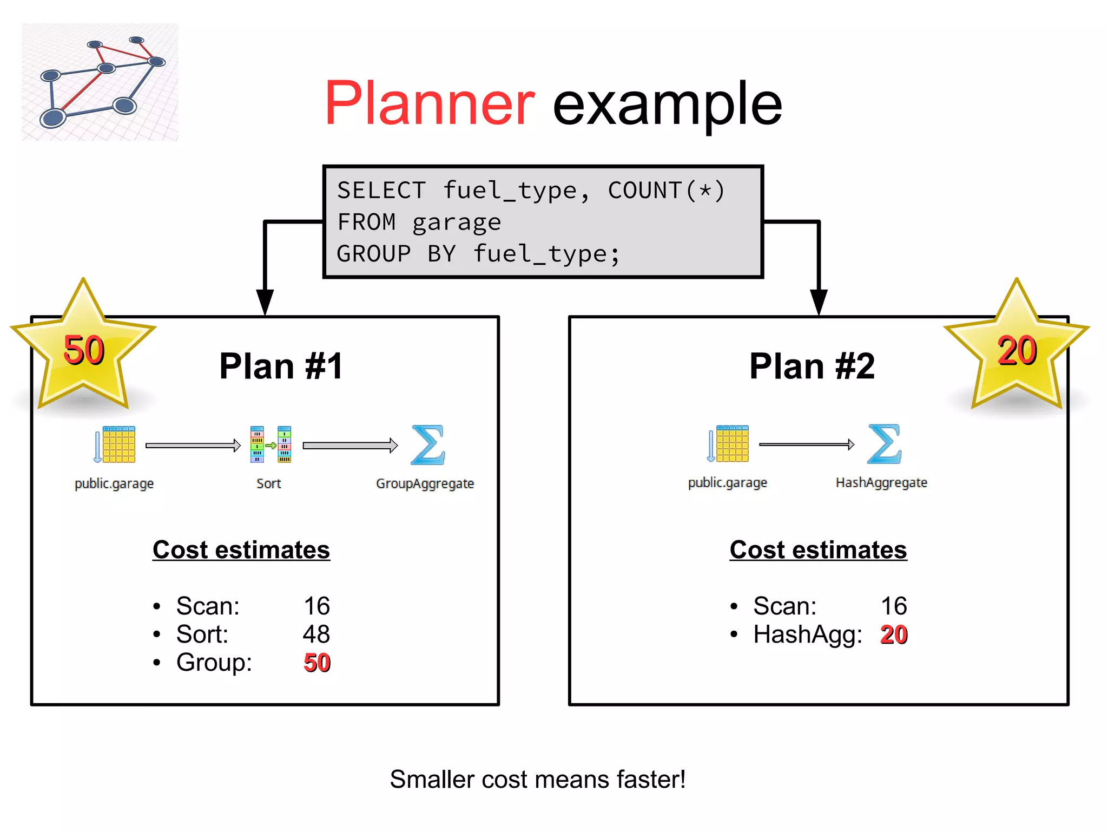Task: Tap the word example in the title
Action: click(x=667, y=104)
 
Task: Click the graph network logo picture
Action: click(x=100, y=82)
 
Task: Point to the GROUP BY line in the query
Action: click(x=478, y=254)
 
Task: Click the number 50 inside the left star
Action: click(x=83, y=350)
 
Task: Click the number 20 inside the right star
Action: click(x=1017, y=351)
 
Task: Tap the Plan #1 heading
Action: click(x=281, y=367)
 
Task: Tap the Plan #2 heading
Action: click(x=812, y=367)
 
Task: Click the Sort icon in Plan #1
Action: click(x=271, y=444)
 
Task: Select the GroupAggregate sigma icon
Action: click(x=427, y=445)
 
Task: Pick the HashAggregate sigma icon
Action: click(x=884, y=444)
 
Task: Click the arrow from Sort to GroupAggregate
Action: click(x=350, y=446)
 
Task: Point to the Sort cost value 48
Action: click(x=316, y=634)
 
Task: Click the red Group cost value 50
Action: click(x=317, y=663)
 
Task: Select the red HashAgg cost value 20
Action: click(x=894, y=634)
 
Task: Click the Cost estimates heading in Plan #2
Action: click(x=818, y=550)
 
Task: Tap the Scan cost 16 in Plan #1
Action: click(x=316, y=606)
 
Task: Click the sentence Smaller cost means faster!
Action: click(x=538, y=780)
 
